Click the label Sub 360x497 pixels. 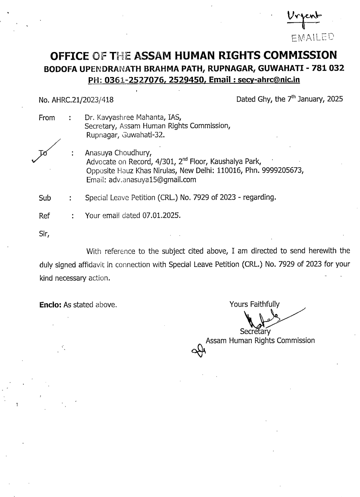45,198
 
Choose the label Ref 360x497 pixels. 44,216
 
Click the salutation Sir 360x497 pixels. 44,234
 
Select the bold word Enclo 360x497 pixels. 50,305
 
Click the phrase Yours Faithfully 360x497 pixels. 254,304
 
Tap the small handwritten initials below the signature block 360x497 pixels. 199,350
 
